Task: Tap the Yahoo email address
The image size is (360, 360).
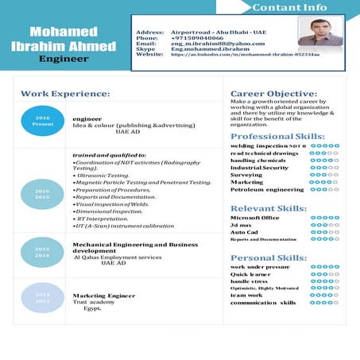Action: click(x=207, y=43)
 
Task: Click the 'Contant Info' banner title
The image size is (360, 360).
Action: click(x=289, y=8)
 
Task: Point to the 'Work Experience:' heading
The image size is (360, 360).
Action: click(x=65, y=94)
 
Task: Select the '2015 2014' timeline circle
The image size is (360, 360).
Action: click(x=42, y=252)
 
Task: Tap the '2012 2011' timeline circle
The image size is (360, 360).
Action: click(x=42, y=298)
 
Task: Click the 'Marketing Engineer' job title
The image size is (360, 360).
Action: click(x=99, y=296)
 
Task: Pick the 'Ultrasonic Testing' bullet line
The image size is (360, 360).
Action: click(x=102, y=174)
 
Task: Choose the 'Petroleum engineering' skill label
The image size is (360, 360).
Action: click(x=267, y=190)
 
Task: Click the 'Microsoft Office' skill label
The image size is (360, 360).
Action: click(x=254, y=217)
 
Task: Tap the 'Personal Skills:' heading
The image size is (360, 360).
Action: click(x=269, y=257)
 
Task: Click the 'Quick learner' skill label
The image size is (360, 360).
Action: click(x=250, y=274)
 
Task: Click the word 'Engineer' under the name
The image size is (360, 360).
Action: click(x=62, y=59)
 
